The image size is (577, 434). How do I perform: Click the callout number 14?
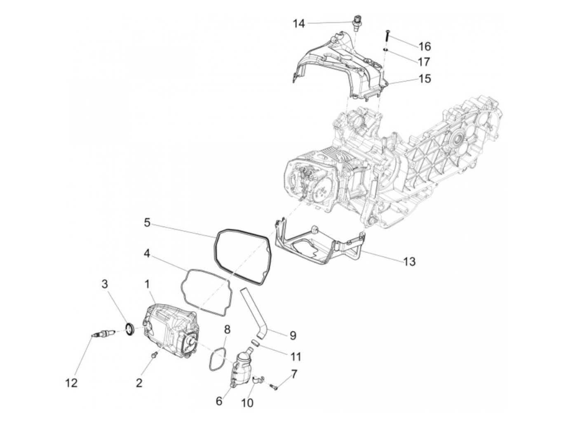pos(299,24)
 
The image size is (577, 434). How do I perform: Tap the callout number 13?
pos(410,261)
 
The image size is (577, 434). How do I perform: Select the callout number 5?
pos(147,223)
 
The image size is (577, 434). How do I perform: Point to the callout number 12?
pos(71,383)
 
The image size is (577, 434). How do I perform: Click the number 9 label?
pos(293,335)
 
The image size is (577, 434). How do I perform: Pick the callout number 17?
pos(424,62)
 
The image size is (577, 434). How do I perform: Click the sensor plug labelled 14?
pos(356,22)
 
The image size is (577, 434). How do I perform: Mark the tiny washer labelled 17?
pos(385,50)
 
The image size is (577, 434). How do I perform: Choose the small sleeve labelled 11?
pos(255,342)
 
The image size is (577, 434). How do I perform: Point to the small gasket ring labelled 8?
pos(217,359)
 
